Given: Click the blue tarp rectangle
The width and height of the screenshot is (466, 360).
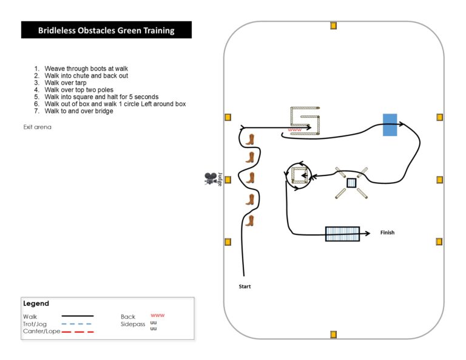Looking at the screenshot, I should coord(390,124).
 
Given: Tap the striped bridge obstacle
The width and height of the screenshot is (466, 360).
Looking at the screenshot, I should coord(342,234).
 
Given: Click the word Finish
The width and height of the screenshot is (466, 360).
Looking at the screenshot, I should coord(387,233).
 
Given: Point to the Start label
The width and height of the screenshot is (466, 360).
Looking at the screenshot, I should coord(245,286).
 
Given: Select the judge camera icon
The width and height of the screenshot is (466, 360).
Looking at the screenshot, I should coord(211,178).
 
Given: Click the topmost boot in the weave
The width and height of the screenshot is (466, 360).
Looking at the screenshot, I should coord(249,140).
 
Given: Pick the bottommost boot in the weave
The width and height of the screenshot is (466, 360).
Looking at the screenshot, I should coord(249,220).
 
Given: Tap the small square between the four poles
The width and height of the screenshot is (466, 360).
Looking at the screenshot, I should coord(351,183).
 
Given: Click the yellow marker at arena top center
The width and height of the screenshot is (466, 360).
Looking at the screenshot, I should coord(333,25).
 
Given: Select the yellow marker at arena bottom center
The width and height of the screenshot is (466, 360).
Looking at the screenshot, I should coord(333,334).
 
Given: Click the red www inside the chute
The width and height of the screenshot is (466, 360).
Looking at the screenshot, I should coord(294,130).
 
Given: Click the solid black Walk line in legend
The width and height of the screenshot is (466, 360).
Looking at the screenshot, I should coord(77,316).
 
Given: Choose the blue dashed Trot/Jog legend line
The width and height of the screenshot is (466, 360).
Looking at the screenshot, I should coord(77,324).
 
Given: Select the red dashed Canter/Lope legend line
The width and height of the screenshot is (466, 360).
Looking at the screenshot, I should coord(77,332).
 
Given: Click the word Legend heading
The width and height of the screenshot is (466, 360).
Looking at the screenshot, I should coord(36,304).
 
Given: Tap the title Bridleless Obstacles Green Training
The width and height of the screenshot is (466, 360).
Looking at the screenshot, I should coord(106,30).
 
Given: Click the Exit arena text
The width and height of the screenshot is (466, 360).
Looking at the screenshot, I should coord(37,127).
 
